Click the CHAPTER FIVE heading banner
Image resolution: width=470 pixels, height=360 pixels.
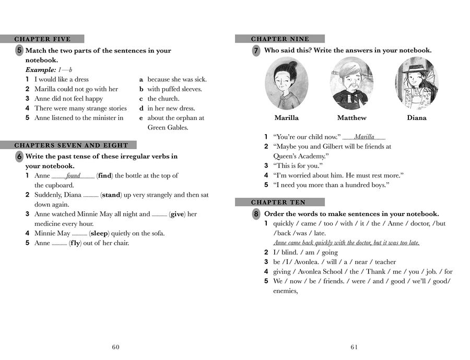point(42,39)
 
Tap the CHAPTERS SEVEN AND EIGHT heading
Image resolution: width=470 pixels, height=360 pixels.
point(71,145)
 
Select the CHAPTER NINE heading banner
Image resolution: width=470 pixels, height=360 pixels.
point(280,39)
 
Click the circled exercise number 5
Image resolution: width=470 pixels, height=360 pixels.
point(19,51)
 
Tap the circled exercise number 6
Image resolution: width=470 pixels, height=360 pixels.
point(19,157)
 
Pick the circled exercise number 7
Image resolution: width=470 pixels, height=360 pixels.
point(256,51)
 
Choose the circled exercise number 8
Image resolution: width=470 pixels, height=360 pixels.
point(256,214)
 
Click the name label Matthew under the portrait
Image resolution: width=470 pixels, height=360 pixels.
point(351,118)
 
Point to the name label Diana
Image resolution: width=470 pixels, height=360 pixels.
point(417,118)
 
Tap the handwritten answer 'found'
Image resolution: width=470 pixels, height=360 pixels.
point(73,176)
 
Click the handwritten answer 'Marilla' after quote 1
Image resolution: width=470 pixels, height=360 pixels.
point(364,137)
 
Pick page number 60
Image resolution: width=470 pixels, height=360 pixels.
point(116,347)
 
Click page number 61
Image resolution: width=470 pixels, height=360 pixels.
point(355,347)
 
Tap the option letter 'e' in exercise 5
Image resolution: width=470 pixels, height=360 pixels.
point(141,118)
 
